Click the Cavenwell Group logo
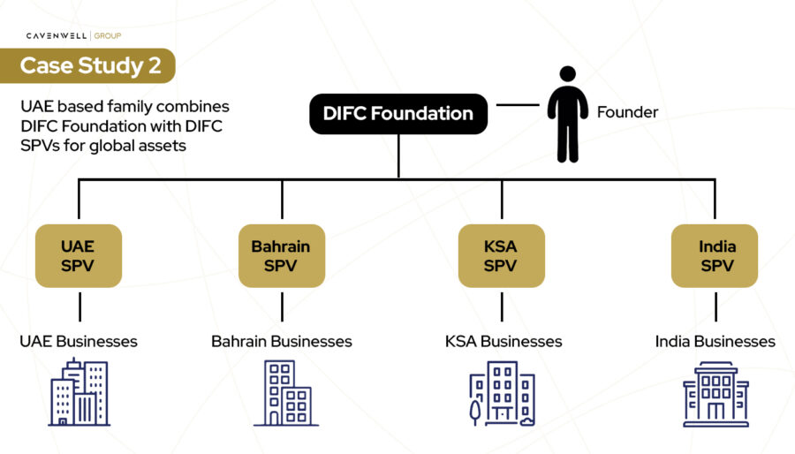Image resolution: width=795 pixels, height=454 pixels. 73,35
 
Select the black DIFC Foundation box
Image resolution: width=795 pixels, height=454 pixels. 397,113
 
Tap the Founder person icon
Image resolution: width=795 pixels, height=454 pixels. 567,114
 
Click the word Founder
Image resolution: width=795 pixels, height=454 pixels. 627,112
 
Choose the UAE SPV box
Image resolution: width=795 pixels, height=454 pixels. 79,255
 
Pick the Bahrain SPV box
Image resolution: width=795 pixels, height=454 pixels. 281,255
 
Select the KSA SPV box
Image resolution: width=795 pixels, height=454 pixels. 501,255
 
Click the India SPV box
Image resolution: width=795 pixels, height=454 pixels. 715,255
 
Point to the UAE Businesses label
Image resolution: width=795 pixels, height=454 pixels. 79,341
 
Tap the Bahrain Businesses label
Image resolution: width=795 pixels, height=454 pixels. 281,341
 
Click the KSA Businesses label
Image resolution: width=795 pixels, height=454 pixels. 501,341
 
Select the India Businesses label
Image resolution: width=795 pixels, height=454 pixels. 715,341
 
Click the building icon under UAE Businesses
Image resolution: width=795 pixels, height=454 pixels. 79,393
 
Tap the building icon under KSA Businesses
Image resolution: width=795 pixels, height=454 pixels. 501,393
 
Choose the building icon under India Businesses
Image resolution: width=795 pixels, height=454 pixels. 715,393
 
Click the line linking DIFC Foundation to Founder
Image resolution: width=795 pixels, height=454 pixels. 517,105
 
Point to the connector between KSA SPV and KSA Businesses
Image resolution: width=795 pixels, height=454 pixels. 502,306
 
